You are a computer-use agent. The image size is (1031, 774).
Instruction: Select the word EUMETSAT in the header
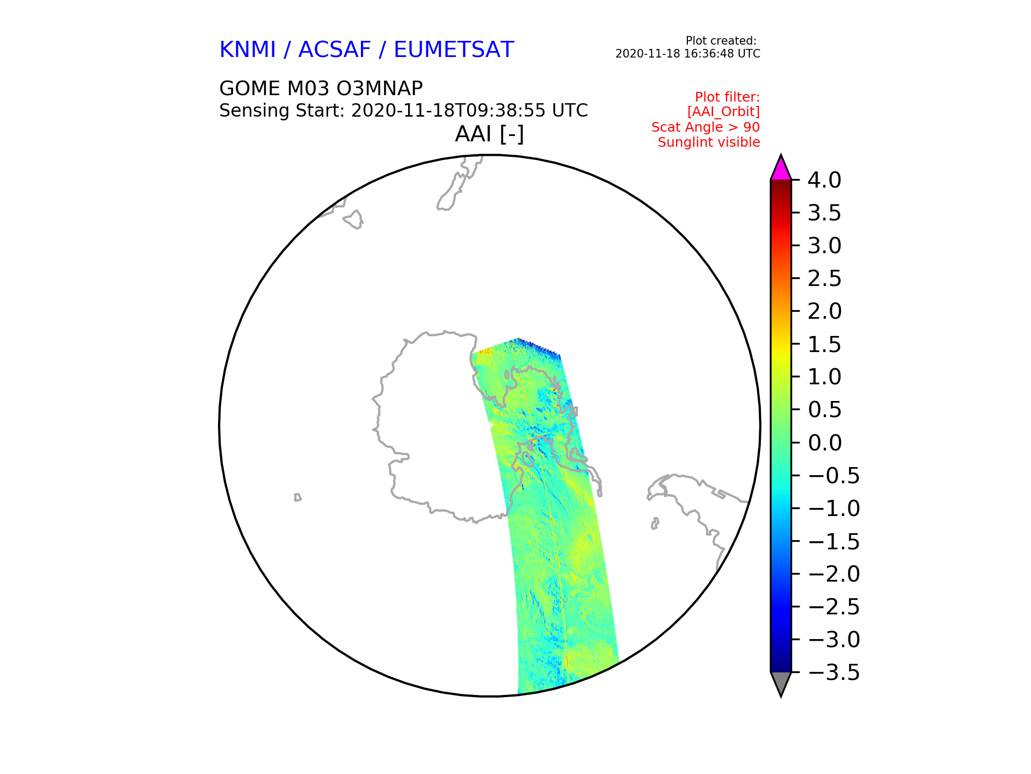tap(454, 49)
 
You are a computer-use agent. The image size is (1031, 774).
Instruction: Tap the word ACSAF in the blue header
tap(335, 49)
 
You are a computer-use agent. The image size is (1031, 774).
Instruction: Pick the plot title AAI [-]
tap(489, 134)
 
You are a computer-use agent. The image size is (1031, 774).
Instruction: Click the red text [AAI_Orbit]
tap(723, 112)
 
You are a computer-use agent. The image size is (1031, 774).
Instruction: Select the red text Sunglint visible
tap(709, 142)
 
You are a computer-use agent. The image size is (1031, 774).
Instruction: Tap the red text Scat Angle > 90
tap(706, 127)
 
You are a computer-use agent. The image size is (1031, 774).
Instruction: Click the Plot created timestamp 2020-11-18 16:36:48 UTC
tap(688, 54)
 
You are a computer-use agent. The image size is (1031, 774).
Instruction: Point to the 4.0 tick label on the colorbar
tap(824, 180)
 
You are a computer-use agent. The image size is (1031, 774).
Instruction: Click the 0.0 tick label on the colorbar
tap(824, 443)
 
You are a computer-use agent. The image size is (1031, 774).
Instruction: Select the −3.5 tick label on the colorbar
tap(834, 672)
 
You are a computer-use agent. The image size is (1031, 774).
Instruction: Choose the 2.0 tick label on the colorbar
tap(824, 311)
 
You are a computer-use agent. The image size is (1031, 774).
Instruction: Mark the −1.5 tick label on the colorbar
tap(834, 541)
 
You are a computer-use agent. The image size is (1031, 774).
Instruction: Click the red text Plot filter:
tap(728, 97)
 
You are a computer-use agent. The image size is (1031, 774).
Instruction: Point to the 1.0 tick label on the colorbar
tap(824, 377)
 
